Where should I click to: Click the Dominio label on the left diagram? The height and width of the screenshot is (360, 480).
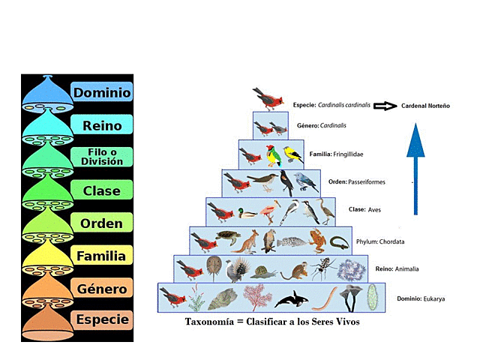102,93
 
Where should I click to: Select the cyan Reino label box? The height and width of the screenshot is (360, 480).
102,125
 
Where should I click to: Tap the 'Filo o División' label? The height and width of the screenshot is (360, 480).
102,157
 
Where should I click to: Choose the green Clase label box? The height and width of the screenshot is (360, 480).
102,190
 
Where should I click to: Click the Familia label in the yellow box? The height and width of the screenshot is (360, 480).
102,256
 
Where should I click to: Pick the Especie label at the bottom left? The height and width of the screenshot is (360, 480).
102,319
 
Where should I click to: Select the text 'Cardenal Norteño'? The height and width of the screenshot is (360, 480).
425,106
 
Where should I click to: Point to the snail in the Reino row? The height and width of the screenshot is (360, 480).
264,272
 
